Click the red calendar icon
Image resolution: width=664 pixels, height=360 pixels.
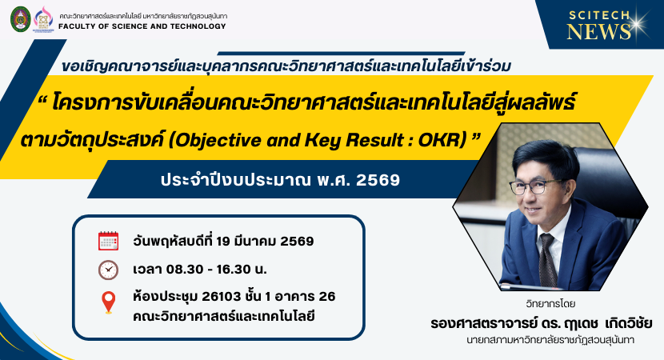coord(109,241)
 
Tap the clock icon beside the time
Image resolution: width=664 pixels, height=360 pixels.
coord(109,270)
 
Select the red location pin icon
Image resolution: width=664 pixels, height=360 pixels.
coord(109,302)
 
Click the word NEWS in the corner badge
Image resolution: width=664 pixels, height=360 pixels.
coord(598,32)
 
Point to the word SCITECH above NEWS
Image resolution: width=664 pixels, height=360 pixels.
coord(599,16)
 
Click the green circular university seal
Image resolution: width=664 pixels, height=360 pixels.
coord(21,19)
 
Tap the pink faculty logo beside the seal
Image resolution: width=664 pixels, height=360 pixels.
coord(43,19)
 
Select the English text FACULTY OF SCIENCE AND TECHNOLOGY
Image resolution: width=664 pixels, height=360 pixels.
coord(142,26)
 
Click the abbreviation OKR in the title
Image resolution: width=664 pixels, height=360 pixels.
coord(442,141)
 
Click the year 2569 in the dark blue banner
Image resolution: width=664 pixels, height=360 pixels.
coord(378,180)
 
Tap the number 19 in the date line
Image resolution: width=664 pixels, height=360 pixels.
coord(223,242)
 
